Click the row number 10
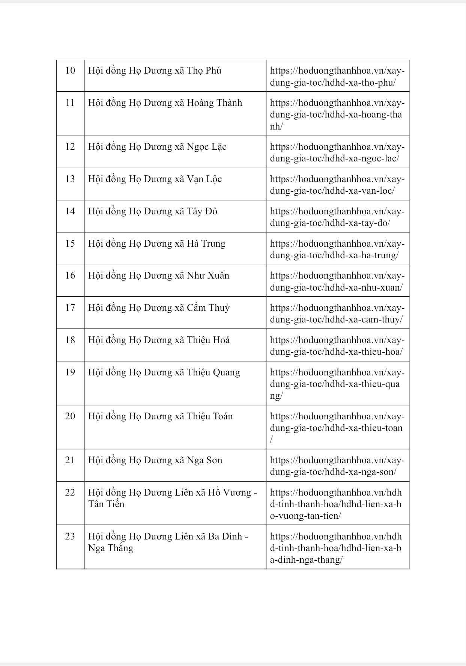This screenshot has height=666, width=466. coord(70,71)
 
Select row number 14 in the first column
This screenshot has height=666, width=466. coord(70,211)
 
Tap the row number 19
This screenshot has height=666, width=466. coord(70,372)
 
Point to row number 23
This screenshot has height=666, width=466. coord(70,536)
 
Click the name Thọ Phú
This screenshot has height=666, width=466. coord(204,71)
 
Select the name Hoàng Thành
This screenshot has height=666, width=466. coord(214,103)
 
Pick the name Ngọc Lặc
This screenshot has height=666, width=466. coord(206,147)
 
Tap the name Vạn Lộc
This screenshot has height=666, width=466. coord(204,179)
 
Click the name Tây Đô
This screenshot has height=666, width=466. coord(202,211)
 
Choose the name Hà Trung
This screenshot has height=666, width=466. coord(206,244)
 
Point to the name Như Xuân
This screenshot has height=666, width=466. coord(208,276)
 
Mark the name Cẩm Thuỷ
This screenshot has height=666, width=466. coord(208,308)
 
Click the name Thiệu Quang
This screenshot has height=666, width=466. coord(213,372)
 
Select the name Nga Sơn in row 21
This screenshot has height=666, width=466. coord(204,460)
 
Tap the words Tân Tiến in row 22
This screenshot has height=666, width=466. coord(106,504)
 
